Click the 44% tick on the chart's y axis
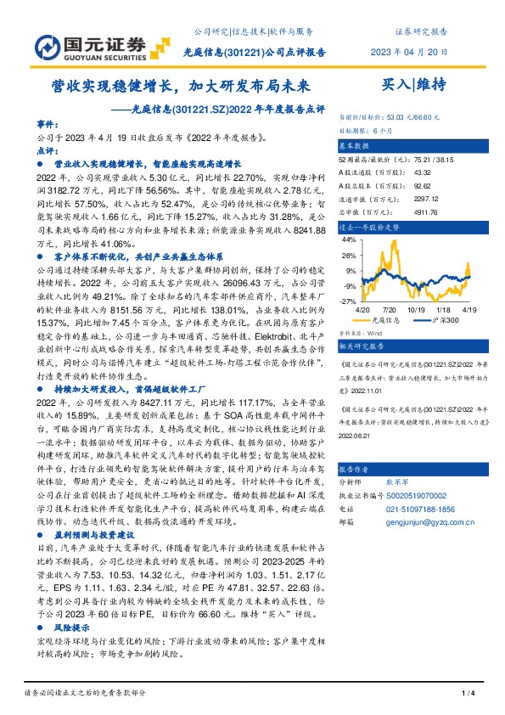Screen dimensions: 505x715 tap(348, 239)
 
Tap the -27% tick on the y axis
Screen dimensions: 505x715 tap(347, 301)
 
